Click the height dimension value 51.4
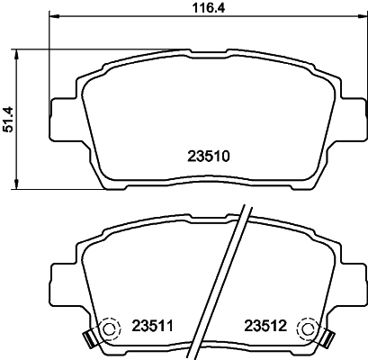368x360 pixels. [10, 116]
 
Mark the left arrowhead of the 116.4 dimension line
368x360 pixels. [53, 18]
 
